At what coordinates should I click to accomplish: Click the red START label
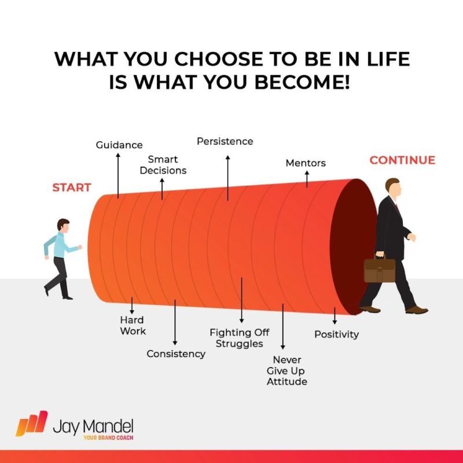(x=71, y=188)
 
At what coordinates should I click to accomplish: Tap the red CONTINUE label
(x=402, y=160)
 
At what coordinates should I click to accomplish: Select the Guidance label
(x=119, y=145)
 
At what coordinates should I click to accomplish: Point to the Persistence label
(x=225, y=141)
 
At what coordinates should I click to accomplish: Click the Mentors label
(x=306, y=163)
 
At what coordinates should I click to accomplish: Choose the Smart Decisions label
(x=163, y=165)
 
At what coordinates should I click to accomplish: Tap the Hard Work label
(x=133, y=325)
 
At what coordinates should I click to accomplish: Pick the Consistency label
(x=176, y=354)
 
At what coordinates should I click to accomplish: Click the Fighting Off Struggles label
(x=240, y=338)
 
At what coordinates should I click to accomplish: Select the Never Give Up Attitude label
(x=287, y=370)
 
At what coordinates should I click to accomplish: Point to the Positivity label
(x=337, y=335)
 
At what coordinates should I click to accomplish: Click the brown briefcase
(x=380, y=270)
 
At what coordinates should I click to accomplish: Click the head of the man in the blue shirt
(x=64, y=225)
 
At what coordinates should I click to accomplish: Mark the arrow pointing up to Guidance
(x=118, y=176)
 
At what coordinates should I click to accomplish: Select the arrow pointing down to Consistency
(x=175, y=322)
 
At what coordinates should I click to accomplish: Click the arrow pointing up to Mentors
(x=307, y=179)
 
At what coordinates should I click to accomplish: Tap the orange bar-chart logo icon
(x=32, y=424)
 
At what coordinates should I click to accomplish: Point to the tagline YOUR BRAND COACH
(x=108, y=438)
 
